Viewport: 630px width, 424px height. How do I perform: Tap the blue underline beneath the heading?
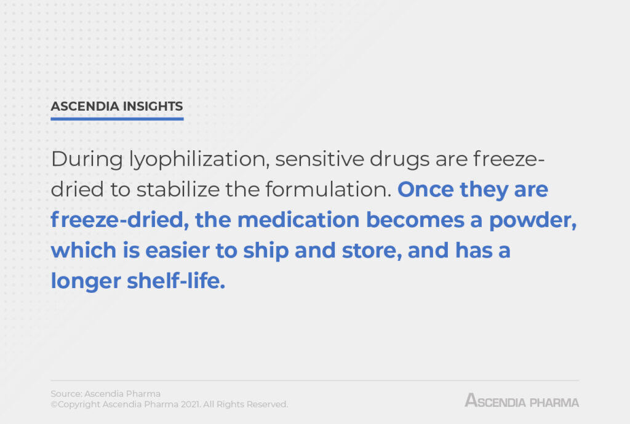117,118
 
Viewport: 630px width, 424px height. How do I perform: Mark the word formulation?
332,190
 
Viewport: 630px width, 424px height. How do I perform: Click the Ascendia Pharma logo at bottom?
522,401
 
